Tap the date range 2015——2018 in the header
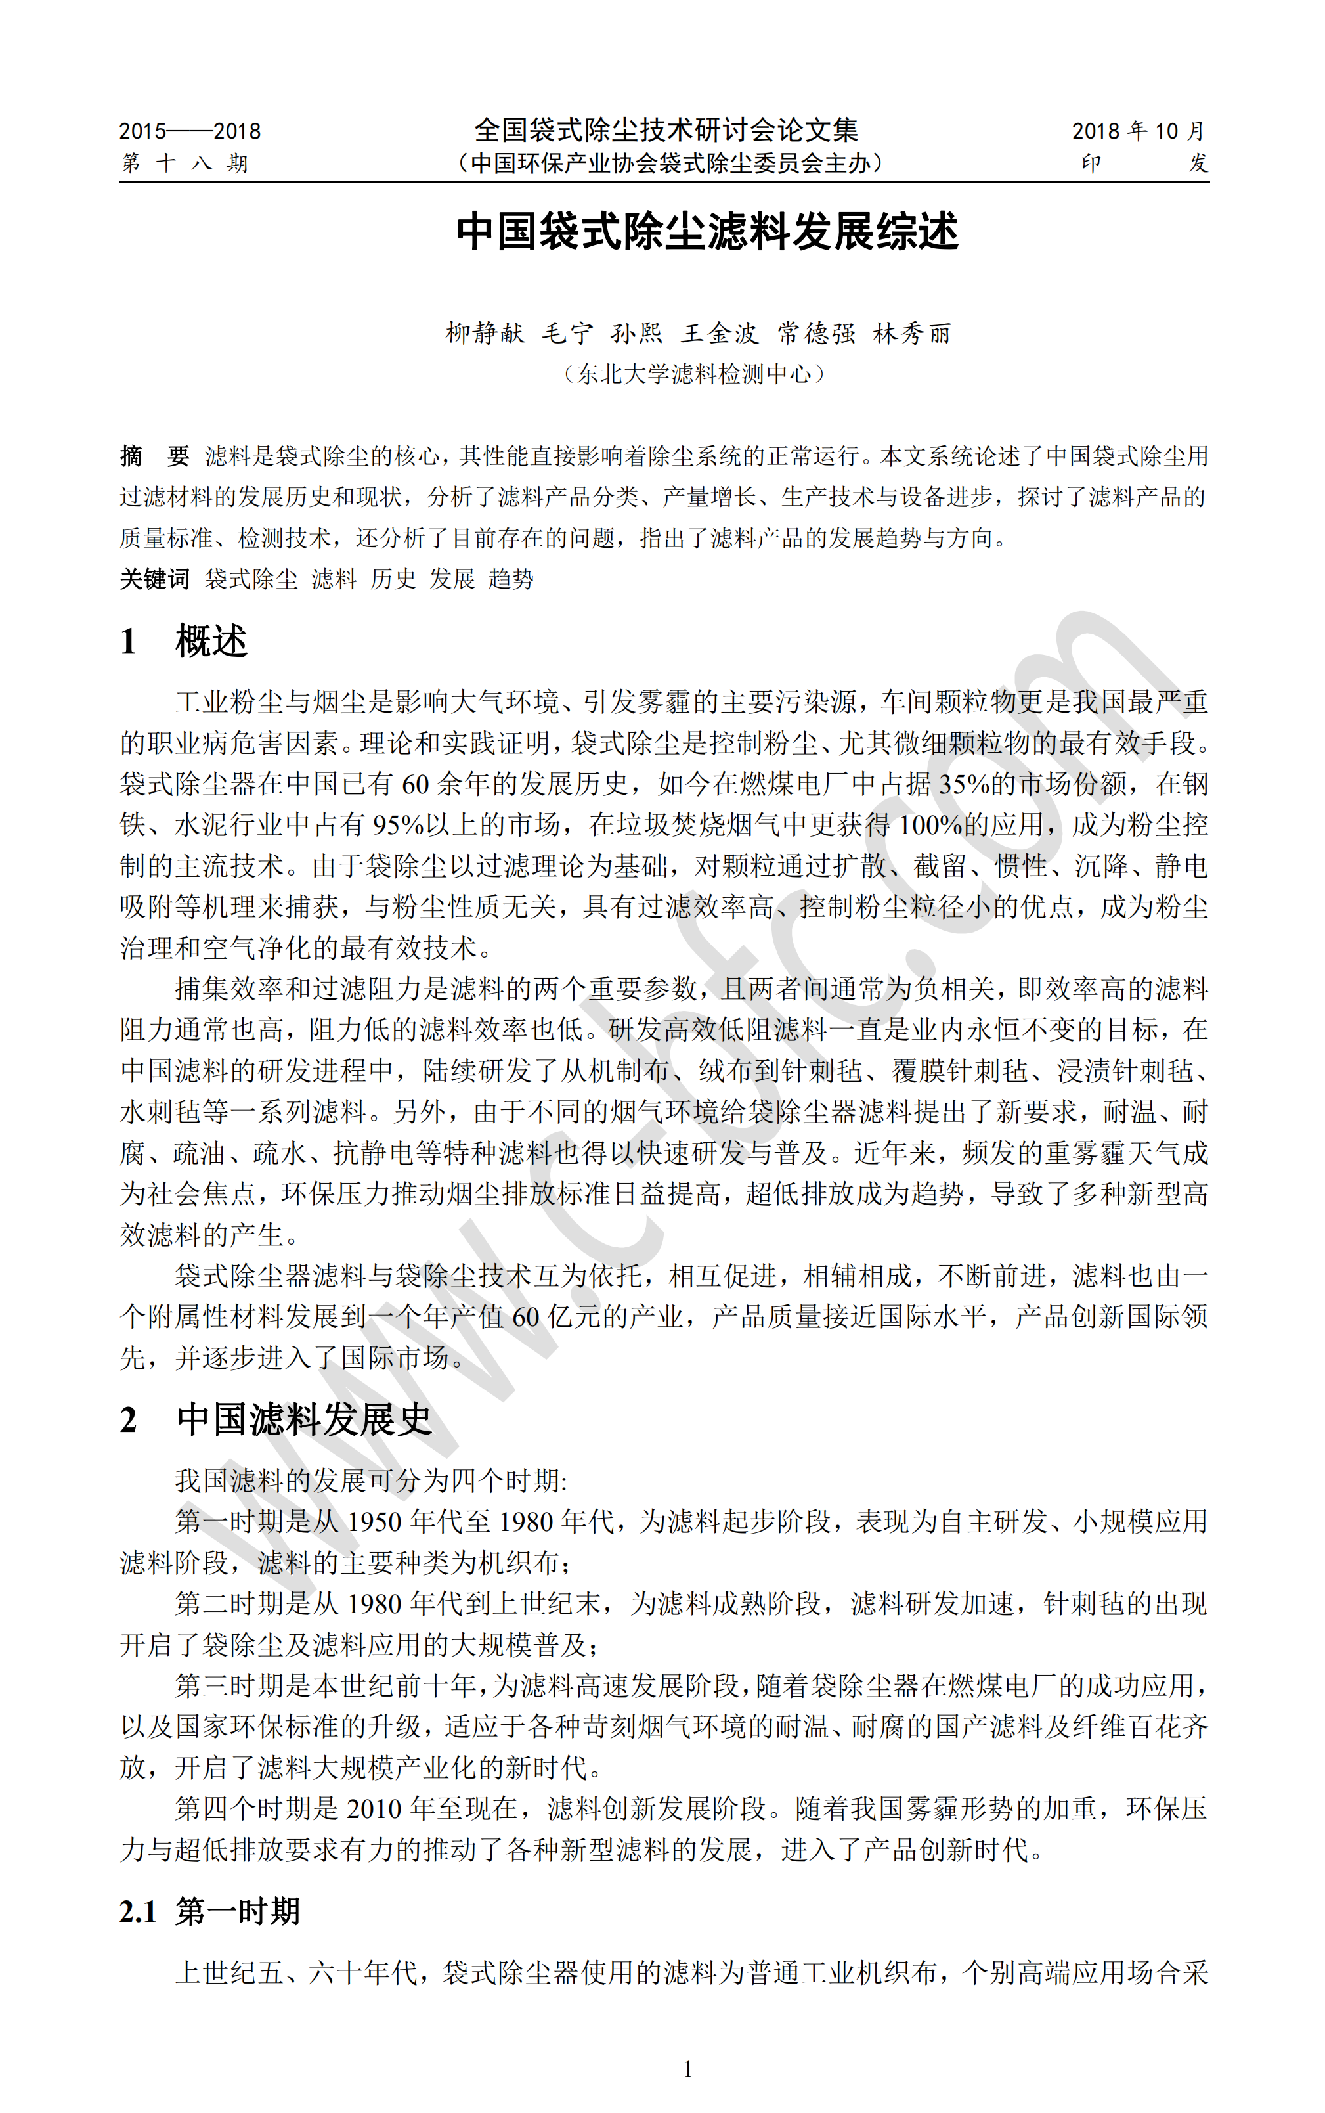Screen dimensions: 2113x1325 [190, 131]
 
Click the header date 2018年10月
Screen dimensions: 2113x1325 [1139, 131]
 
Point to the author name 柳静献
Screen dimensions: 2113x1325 [485, 333]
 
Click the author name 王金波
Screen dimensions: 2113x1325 [720, 333]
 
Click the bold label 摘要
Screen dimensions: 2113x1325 [154, 456]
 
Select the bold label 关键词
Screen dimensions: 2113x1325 [154, 579]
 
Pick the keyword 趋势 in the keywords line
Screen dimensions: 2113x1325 [511, 579]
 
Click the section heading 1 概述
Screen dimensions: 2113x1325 [184, 642]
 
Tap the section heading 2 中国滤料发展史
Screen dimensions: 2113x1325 [276, 1420]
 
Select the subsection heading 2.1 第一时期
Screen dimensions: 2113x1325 [210, 1911]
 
